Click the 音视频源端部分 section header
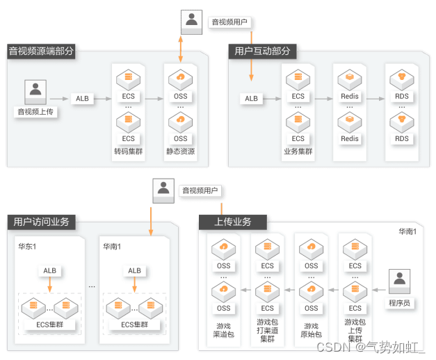point(41,51)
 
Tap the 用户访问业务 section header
point(41,222)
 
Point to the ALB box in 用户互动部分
point(252,99)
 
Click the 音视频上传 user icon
point(35,90)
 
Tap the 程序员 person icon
point(399,280)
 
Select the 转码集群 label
point(129,151)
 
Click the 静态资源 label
point(180,151)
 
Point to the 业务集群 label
point(298,151)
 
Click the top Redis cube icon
point(350,78)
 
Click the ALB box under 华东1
point(50,270)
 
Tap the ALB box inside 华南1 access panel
point(134,270)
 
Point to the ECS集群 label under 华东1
point(50,324)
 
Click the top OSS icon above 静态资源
point(180,78)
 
